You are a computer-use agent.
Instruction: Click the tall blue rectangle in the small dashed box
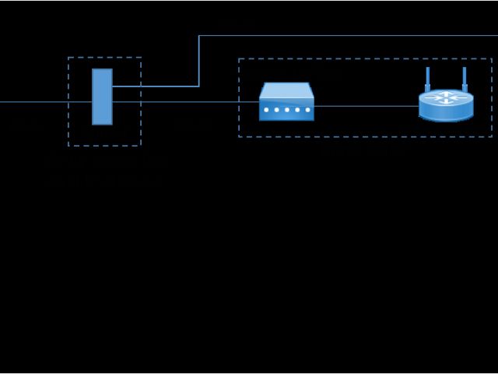[102, 97]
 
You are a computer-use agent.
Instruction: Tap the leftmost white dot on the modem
[266, 110]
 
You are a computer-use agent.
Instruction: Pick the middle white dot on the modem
[286, 110]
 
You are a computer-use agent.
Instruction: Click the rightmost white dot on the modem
[307, 110]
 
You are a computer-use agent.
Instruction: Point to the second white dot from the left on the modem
[276, 110]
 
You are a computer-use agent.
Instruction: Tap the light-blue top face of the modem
[286, 90]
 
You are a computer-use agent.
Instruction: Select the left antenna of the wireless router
[427, 79]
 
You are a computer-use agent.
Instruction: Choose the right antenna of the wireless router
[465, 79]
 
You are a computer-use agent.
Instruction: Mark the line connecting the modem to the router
[366, 106]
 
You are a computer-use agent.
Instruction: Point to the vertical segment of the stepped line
[199, 61]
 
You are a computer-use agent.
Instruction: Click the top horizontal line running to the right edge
[350, 35]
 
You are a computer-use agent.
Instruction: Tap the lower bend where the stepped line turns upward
[199, 86]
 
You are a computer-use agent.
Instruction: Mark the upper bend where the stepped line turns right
[199, 35]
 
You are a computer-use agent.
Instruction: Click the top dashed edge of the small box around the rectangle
[104, 57]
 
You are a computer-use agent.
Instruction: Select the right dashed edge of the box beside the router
[492, 97]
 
